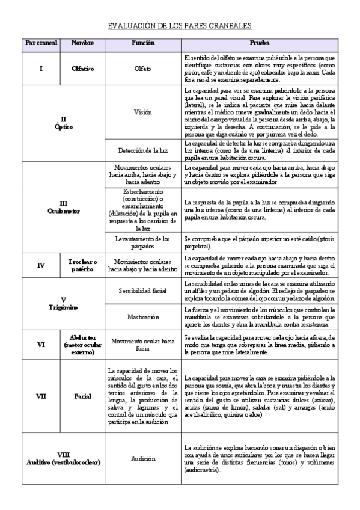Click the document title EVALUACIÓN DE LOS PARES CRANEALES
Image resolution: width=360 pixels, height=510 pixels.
(179, 26)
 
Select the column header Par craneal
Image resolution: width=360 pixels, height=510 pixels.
(41, 43)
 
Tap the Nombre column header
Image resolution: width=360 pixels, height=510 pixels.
(82, 43)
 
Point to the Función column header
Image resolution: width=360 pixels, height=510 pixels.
(143, 43)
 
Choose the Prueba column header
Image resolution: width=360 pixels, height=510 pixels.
(259, 43)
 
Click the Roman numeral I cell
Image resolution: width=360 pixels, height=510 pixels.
(41, 69)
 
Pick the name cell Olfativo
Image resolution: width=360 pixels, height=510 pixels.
(82, 69)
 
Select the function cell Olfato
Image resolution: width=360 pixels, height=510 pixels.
(143, 69)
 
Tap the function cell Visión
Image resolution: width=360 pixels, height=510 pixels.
(143, 112)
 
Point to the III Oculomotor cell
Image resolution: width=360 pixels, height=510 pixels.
(63, 207)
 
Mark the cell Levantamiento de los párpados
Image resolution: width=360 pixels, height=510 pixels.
(143, 242)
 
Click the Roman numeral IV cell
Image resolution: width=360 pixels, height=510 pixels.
(41, 265)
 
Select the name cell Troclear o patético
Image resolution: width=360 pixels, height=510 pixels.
(82, 265)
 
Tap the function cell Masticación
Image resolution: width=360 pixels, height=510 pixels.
(143, 316)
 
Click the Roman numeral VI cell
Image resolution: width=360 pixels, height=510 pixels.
(41, 345)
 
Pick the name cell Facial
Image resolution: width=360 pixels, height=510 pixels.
(82, 397)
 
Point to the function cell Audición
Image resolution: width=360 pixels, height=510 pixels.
(143, 458)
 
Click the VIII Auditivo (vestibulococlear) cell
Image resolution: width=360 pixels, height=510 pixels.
(63, 458)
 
